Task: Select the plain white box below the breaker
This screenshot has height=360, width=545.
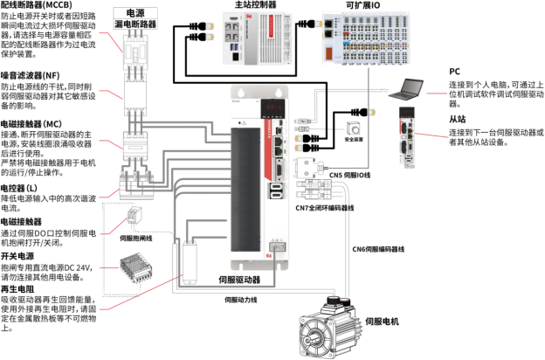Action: point(135,93)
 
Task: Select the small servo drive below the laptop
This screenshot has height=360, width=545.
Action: point(406,136)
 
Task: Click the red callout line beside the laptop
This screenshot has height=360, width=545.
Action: point(436,93)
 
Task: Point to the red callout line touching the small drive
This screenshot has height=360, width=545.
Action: point(432,135)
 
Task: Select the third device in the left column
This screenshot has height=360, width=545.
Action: point(135,145)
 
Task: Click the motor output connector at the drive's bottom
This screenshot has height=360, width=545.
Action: point(277,247)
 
